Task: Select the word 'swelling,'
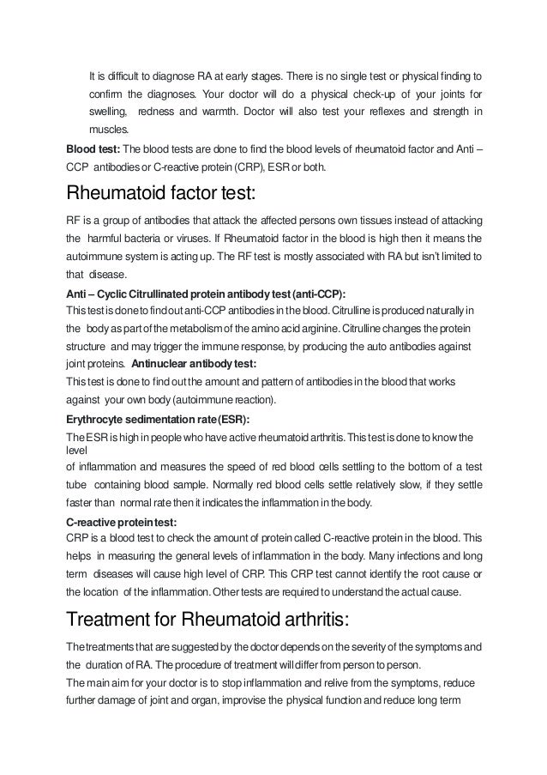(109, 112)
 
